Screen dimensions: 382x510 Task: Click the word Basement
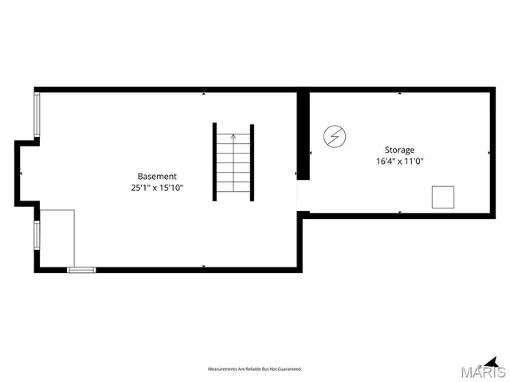pyautogui.click(x=157, y=176)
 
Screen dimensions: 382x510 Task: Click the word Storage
pyautogui.click(x=399, y=150)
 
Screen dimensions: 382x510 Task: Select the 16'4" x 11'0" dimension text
pyautogui.click(x=399, y=162)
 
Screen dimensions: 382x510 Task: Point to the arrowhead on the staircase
pyautogui.click(x=233, y=136)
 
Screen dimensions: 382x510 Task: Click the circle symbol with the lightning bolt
pyautogui.click(x=334, y=138)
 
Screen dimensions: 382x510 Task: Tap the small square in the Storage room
pyautogui.click(x=443, y=197)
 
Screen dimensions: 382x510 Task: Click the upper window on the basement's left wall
pyautogui.click(x=36, y=115)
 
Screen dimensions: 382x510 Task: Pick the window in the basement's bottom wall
pyautogui.click(x=80, y=271)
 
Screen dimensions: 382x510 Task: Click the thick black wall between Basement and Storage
pyautogui.click(x=303, y=135)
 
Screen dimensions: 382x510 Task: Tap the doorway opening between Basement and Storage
pyautogui.click(x=302, y=195)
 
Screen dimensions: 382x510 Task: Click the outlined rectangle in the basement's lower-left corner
pyautogui.click(x=56, y=237)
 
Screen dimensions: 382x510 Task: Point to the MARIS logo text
pyautogui.click(x=483, y=372)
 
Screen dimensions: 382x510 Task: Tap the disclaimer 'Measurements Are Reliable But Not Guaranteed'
pyautogui.click(x=255, y=369)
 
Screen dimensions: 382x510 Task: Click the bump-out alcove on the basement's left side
pyautogui.click(x=25, y=173)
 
